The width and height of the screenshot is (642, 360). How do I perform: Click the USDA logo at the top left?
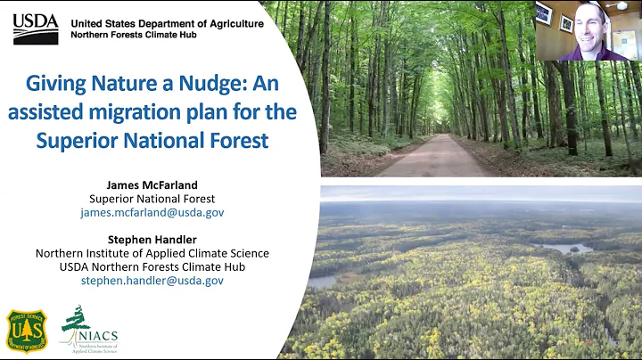(x=36, y=29)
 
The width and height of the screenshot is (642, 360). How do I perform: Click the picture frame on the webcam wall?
(x=543, y=13)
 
